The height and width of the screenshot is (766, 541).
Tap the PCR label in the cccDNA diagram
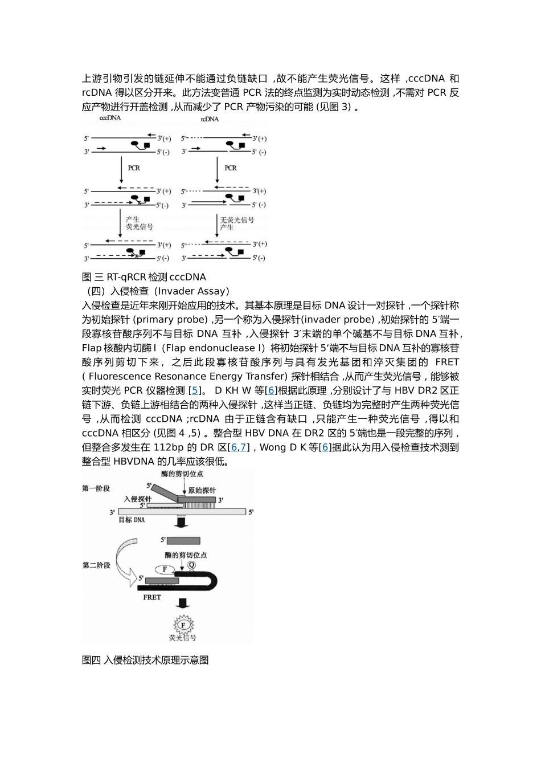pos(134,168)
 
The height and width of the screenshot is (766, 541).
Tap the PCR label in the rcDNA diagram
pos(231,168)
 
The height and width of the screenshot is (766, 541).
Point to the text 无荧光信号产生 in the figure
pos(237,223)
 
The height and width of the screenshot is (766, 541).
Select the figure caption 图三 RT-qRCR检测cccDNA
pos(144,277)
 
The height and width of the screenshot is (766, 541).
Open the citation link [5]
pos(195,390)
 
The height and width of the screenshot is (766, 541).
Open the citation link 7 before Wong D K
pos(243,447)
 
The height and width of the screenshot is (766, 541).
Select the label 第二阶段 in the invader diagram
pos(96,565)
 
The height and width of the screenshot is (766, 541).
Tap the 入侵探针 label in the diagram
pos(137,499)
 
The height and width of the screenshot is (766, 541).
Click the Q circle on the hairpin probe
pos(191,565)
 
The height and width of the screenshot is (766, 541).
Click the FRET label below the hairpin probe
pos(152,597)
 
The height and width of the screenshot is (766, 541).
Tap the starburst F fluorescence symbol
pos(183,625)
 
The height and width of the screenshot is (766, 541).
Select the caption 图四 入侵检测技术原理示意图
pos(145,660)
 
